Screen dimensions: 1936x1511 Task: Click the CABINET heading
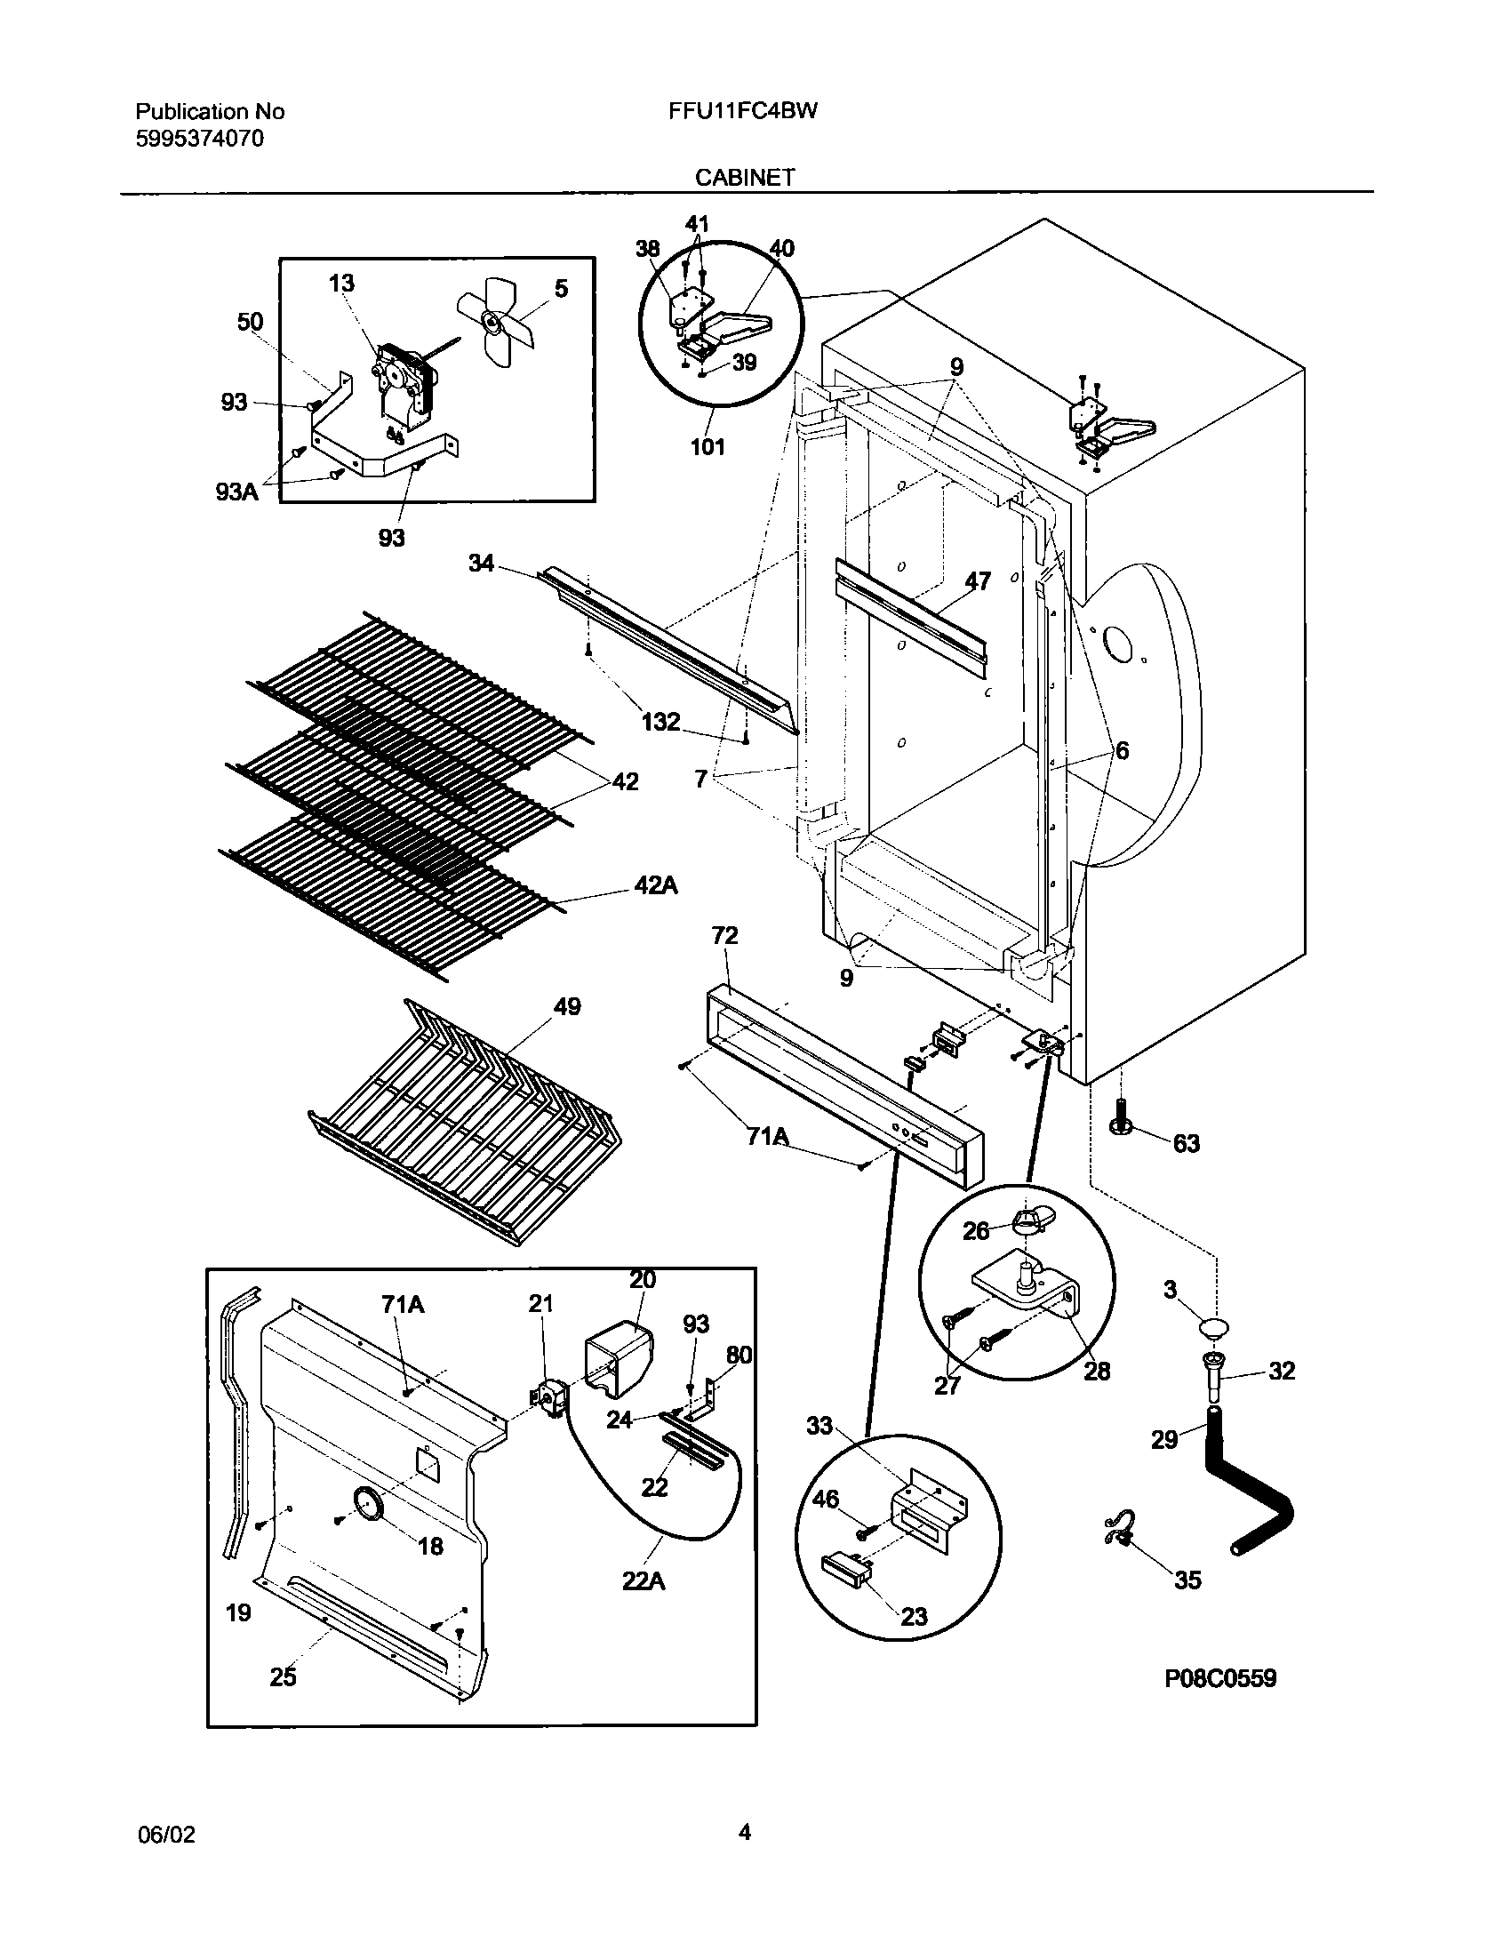click(745, 178)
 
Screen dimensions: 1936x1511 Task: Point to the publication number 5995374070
click(199, 139)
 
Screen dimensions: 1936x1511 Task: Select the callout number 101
click(708, 447)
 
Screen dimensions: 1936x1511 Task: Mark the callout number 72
click(724, 935)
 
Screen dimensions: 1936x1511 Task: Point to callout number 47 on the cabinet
click(978, 581)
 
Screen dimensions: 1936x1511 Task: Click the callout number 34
click(481, 563)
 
